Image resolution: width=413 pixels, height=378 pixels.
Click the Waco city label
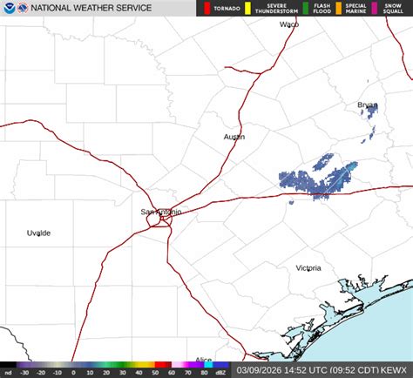pos(288,24)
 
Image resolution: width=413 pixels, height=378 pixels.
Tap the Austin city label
pos(234,137)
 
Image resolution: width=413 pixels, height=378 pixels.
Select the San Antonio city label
pos(161,212)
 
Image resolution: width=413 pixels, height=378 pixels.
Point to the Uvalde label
pos(38,233)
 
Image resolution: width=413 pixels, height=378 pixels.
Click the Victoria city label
pos(308,268)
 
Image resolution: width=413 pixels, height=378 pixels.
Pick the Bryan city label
pos(367,105)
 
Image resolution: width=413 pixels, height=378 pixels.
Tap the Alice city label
pos(203,360)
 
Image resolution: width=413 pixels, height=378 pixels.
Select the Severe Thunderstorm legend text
pos(270,9)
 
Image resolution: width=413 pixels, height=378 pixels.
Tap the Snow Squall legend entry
pos(392,9)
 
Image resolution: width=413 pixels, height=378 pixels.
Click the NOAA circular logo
pos(9,9)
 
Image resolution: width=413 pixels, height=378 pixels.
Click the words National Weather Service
pos(91,9)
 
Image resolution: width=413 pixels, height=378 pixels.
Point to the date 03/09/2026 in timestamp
pos(260,371)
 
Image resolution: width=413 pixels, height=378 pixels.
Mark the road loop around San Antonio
pos(159,218)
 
